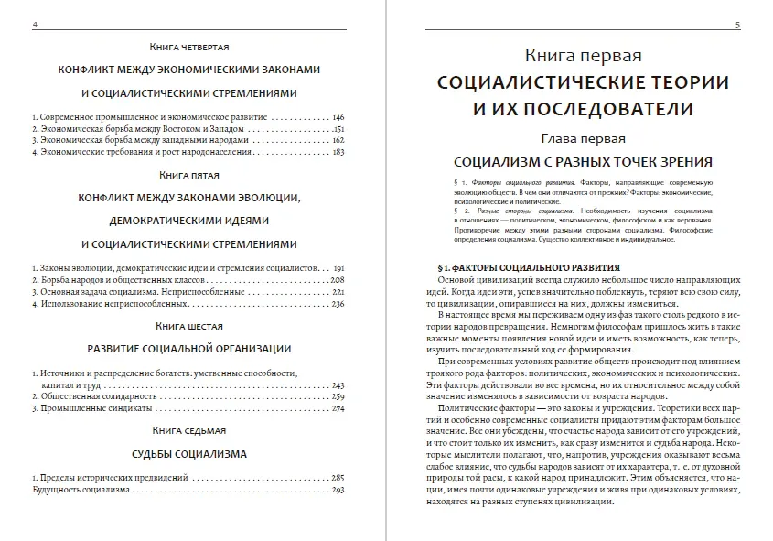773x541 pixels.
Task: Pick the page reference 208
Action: coord(337,279)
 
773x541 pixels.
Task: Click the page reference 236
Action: coord(337,303)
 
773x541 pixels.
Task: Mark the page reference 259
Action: coord(337,396)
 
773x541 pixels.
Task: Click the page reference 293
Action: coord(337,490)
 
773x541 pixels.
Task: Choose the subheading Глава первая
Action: coord(583,139)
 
